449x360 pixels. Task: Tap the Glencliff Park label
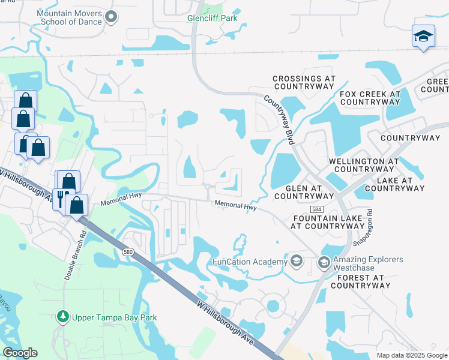(212, 18)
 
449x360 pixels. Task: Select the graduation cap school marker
(423, 37)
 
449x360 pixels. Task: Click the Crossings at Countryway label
(303, 83)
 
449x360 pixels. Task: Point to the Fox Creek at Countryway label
(370, 98)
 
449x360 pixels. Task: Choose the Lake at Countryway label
(394, 184)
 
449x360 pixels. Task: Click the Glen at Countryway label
(303, 192)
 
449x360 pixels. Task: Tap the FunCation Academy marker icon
(296, 262)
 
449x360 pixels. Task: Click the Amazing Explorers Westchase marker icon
(324, 262)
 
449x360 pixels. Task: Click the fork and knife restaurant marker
(61, 198)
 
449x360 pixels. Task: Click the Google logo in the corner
(20, 353)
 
